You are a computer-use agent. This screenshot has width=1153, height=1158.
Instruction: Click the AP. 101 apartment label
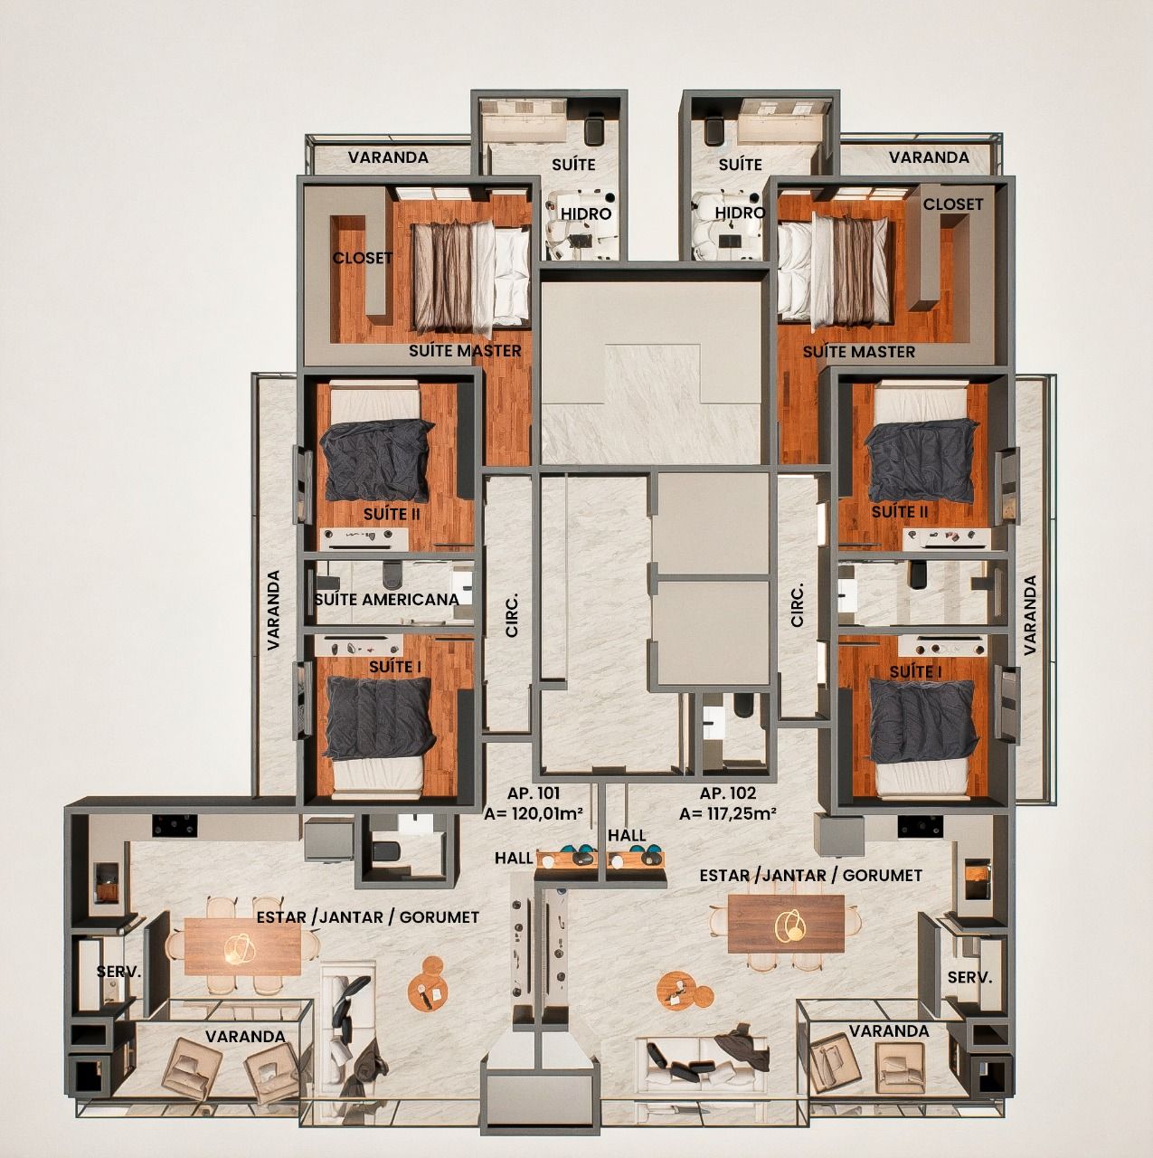[533, 793]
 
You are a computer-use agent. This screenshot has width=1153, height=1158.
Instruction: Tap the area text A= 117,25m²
[728, 813]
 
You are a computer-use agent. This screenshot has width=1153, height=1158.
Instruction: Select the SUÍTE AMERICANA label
[386, 599]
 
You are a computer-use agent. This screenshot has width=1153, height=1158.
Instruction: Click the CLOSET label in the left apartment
[363, 258]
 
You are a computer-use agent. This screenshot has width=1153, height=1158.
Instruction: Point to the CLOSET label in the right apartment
[953, 204]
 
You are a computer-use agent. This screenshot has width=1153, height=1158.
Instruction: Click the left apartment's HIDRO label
[586, 214]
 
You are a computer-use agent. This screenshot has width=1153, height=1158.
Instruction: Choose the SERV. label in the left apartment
[119, 972]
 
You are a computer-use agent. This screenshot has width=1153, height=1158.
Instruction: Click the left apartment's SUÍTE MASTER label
[465, 350]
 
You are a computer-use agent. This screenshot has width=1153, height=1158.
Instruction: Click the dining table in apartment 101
[242, 946]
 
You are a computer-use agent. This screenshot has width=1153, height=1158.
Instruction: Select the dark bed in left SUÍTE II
[377, 460]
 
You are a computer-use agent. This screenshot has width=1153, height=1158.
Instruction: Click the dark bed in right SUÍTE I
[923, 719]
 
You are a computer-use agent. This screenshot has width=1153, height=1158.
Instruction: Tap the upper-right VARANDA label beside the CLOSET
[929, 157]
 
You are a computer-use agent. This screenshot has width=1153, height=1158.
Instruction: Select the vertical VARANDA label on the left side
[273, 610]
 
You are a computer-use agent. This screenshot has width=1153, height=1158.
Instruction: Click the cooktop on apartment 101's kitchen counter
[175, 826]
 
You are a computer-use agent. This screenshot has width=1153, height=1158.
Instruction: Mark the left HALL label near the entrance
[514, 859]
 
